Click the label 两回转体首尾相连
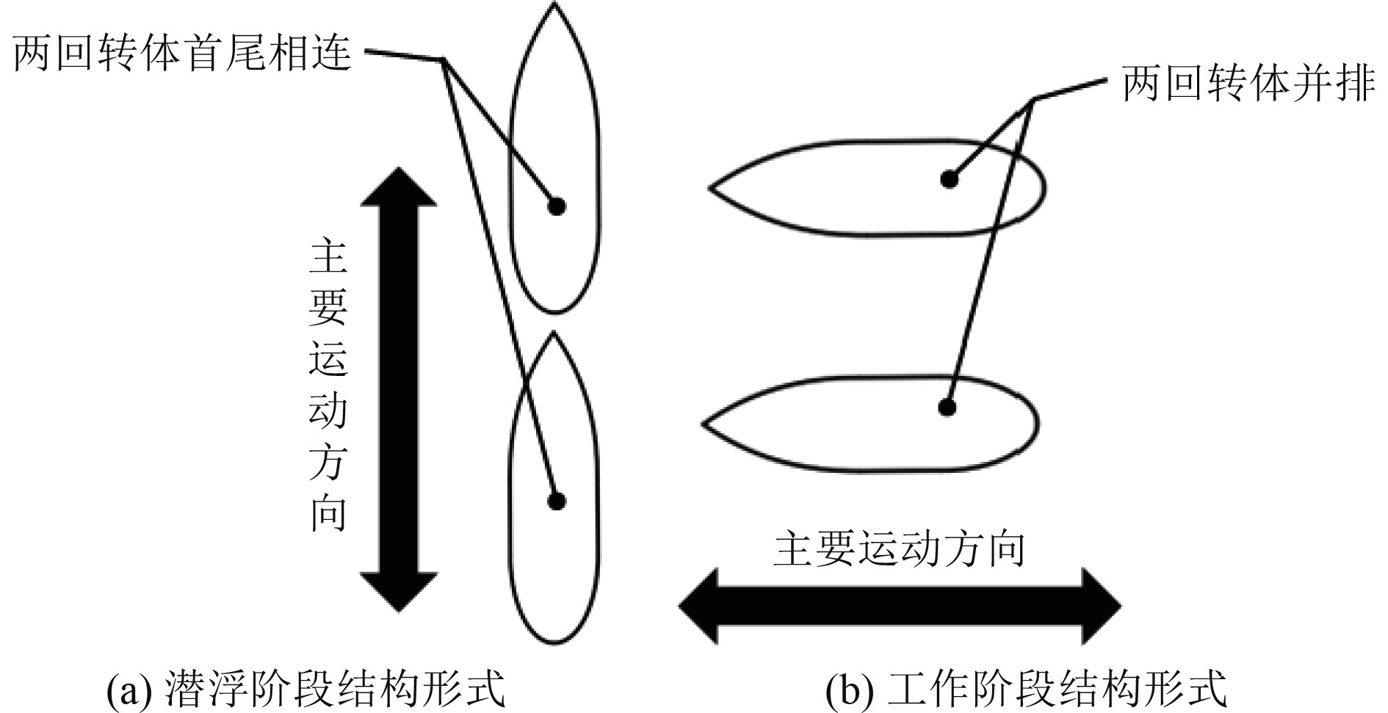click(182, 54)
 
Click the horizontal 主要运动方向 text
click(899, 549)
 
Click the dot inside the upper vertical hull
click(557, 206)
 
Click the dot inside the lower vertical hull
click(557, 502)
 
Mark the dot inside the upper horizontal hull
click(950, 178)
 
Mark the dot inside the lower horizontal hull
click(947, 407)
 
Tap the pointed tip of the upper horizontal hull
click(710, 187)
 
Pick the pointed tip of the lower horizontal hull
click(704, 424)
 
